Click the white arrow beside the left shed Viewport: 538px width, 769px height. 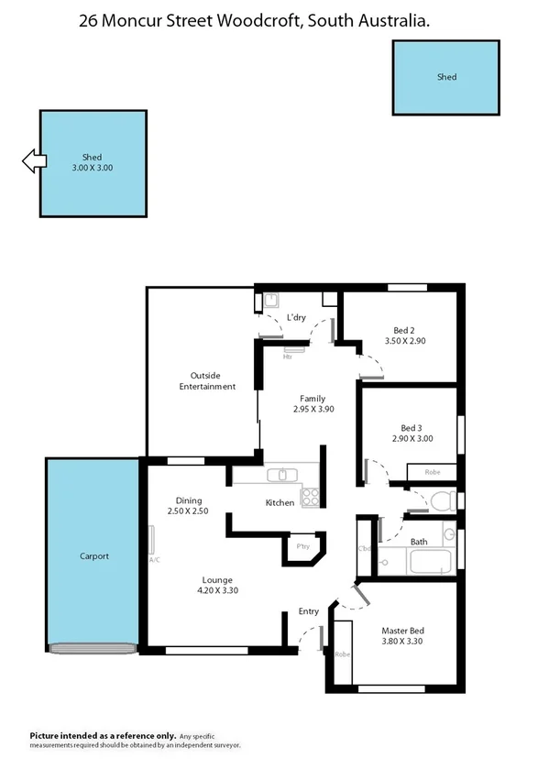pos(34,162)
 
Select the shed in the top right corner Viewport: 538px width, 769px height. pos(445,78)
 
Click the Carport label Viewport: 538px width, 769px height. pos(93,556)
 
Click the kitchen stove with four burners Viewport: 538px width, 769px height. pos(311,497)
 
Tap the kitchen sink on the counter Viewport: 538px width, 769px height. pos(283,475)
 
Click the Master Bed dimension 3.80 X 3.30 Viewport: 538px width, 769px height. pos(402,642)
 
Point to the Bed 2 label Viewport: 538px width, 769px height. pos(404,330)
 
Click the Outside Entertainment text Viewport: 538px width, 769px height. pos(207,381)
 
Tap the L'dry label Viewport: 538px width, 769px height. pos(295,317)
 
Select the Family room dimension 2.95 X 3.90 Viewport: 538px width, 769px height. pos(313,410)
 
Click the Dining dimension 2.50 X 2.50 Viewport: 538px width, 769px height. pos(188,511)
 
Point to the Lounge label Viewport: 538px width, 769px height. pos(217,579)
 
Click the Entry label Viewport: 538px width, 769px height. pos(308,611)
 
